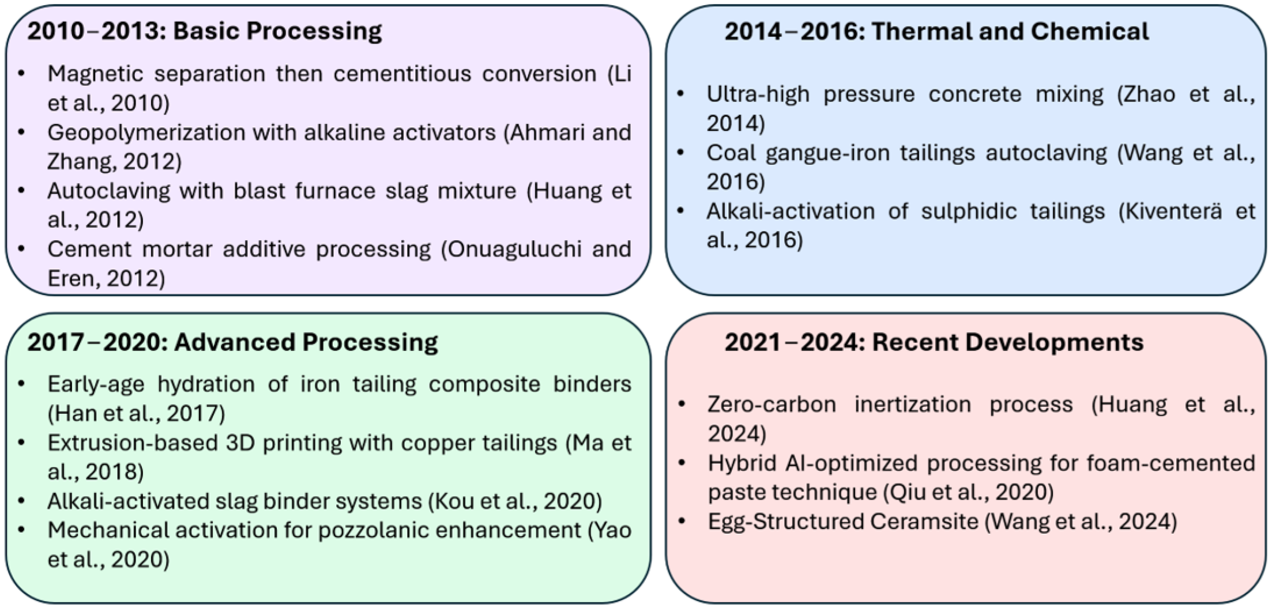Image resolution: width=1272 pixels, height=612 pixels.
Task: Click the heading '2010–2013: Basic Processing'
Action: pos(205,31)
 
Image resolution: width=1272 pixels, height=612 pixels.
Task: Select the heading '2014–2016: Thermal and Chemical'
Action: pos(936,31)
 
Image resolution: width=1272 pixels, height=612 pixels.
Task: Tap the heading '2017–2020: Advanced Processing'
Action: pos(232,342)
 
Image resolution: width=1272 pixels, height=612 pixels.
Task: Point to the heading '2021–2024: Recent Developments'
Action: pos(934,342)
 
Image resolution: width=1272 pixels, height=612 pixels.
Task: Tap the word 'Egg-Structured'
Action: pos(784,522)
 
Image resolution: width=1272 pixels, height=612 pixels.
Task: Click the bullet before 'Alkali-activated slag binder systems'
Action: pos(21,501)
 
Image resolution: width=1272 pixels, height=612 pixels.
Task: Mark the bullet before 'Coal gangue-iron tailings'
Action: pos(681,152)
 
